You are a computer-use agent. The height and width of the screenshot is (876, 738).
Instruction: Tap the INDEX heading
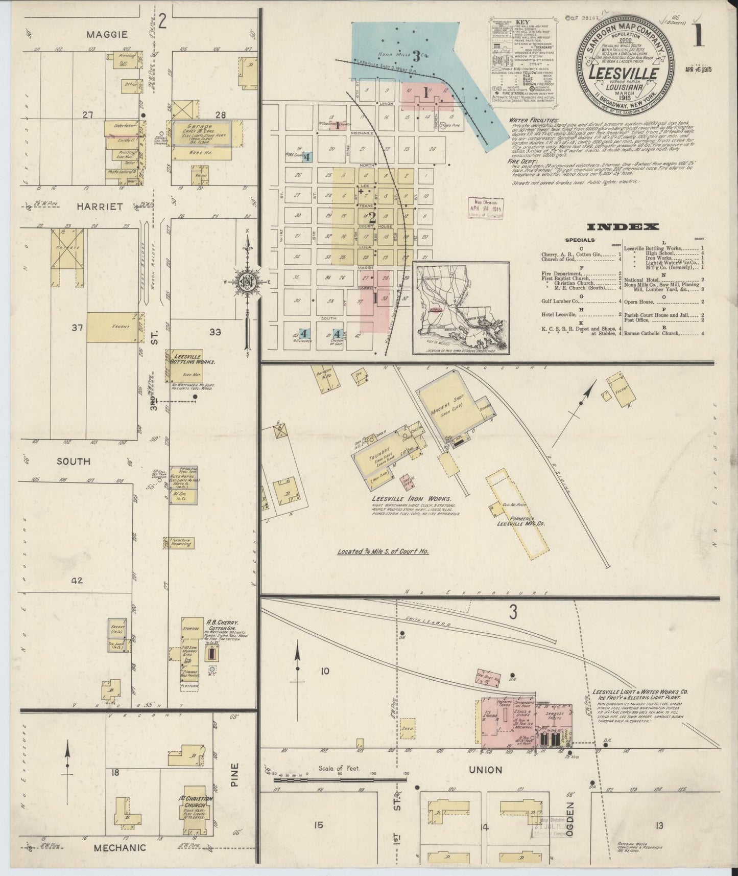623,227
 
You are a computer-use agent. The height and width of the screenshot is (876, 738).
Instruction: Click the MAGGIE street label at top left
106,34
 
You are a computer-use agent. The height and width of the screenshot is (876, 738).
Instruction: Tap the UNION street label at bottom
486,769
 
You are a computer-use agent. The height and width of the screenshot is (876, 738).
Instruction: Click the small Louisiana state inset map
461,308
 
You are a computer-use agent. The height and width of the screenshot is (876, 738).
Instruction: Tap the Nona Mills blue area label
403,55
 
